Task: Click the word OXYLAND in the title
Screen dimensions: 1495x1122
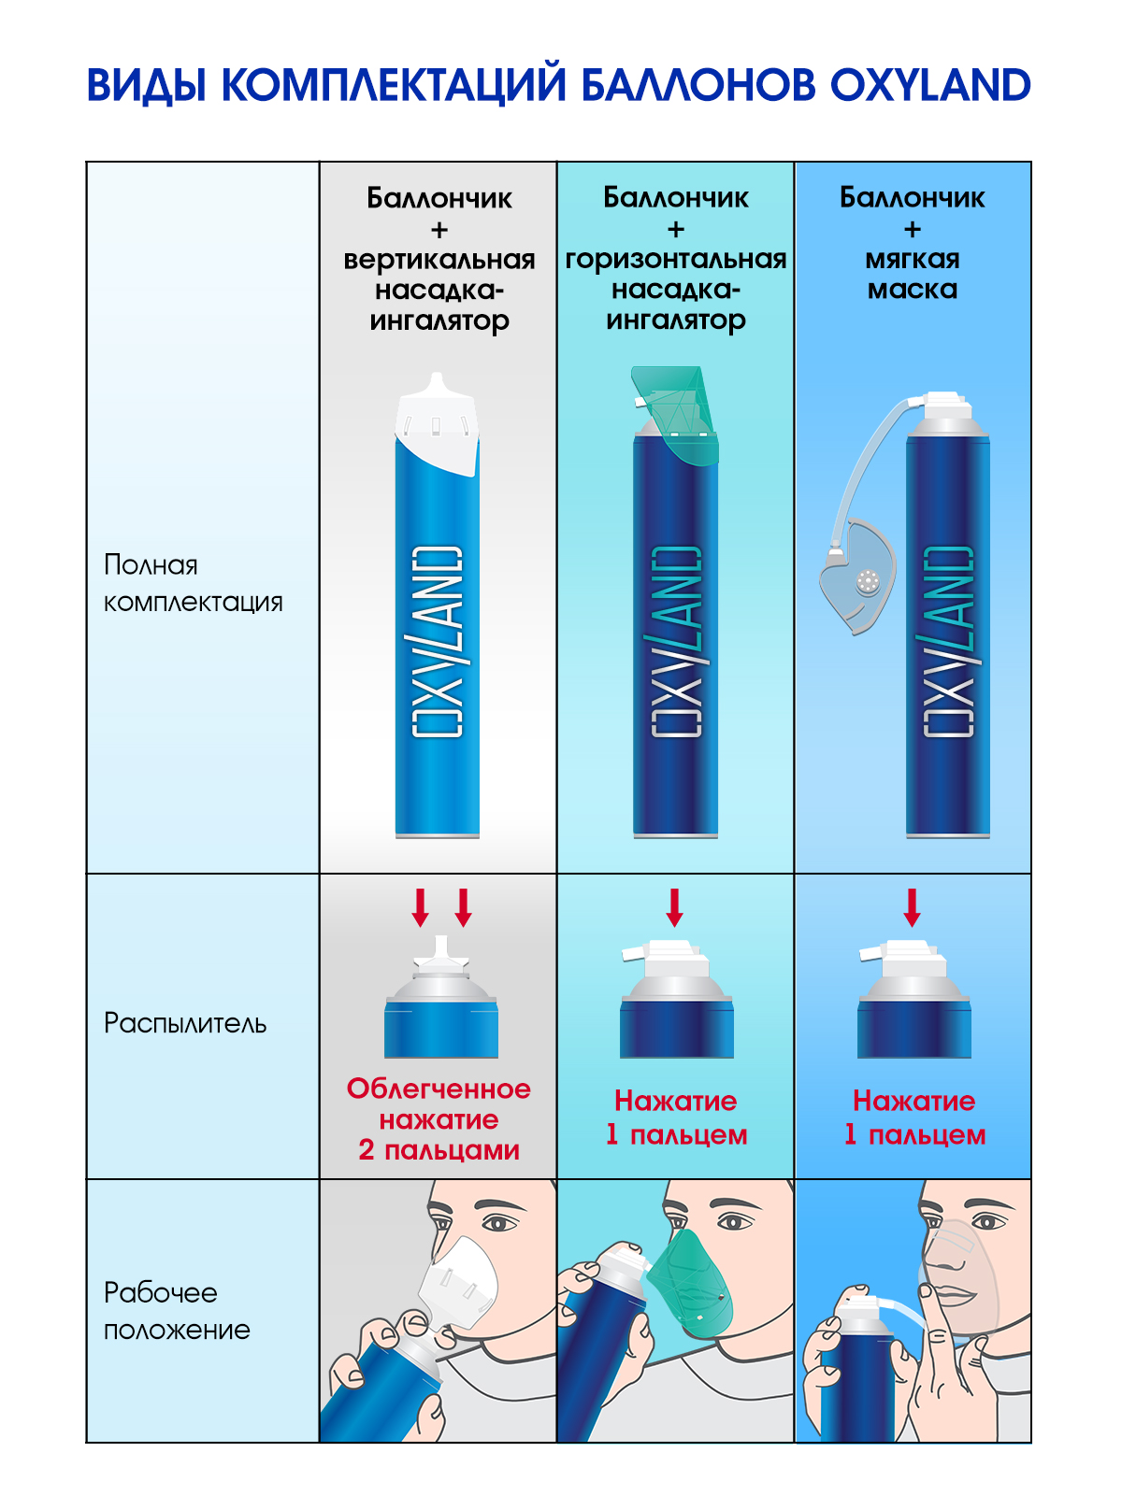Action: (929, 85)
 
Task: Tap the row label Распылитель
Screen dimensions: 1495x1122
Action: (185, 1023)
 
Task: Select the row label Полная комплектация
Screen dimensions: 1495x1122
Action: (193, 583)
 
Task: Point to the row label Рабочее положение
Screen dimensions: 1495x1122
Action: (177, 1311)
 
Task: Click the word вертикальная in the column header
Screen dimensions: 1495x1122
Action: (439, 260)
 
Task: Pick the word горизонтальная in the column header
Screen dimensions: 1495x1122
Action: (675, 260)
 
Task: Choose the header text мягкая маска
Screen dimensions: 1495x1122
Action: (913, 274)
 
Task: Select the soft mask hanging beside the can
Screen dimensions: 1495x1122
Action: (858, 579)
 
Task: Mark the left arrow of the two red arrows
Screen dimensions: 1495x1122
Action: (421, 907)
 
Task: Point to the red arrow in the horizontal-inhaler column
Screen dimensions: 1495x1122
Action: (674, 907)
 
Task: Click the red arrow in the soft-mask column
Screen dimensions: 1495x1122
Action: (912, 907)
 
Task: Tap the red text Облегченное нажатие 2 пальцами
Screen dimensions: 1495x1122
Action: (439, 1119)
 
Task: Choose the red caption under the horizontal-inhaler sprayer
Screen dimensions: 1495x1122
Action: (675, 1118)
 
